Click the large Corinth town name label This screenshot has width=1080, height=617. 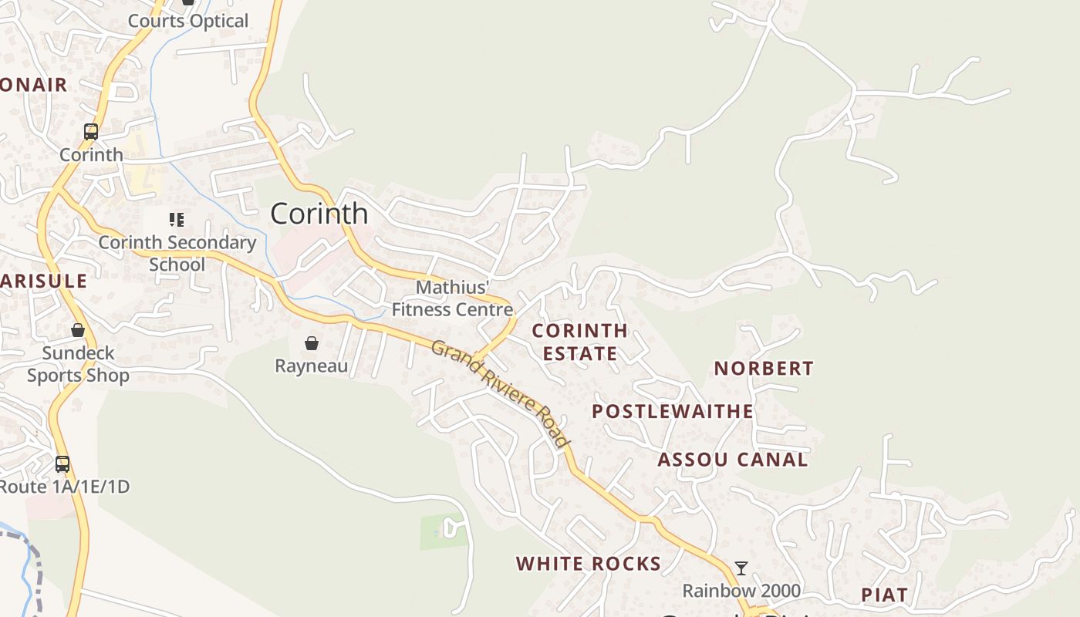tap(319, 214)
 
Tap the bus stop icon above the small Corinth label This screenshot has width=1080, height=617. tap(91, 132)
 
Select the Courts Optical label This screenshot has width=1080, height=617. tap(188, 21)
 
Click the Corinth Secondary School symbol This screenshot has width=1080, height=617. tap(177, 220)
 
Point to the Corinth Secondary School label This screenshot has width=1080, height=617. tap(177, 254)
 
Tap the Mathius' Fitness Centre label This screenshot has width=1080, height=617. tap(452, 298)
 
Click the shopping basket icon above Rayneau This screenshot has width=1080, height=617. tap(312, 342)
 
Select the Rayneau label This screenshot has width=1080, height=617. tap(312, 366)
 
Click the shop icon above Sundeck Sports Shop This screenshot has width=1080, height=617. tap(78, 330)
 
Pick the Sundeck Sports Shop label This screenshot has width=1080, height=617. tap(78, 364)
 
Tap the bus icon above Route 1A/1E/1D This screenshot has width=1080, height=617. tap(62, 464)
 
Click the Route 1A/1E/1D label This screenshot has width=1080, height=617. tap(65, 487)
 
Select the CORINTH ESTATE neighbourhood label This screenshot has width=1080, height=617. tap(580, 342)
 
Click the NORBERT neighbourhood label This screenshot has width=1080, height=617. tap(764, 369)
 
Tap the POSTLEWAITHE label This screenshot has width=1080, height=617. tap(673, 411)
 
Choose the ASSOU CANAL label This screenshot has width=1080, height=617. tap(732, 460)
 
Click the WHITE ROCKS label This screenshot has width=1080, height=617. tap(589, 564)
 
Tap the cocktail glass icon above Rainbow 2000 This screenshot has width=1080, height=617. tap(741, 568)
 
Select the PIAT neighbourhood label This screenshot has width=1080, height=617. tap(884, 595)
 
